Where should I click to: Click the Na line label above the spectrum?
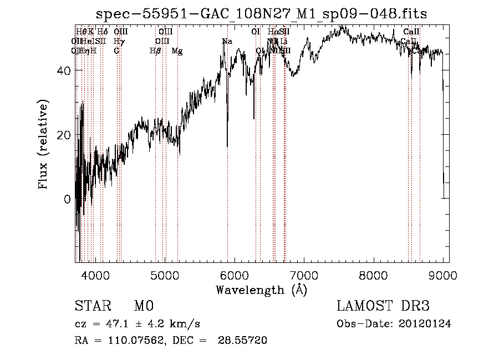227,41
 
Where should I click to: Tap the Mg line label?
177,51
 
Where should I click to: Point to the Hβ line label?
155,51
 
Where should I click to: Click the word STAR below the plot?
93,306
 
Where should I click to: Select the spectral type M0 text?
143,306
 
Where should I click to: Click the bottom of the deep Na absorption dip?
227,146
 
